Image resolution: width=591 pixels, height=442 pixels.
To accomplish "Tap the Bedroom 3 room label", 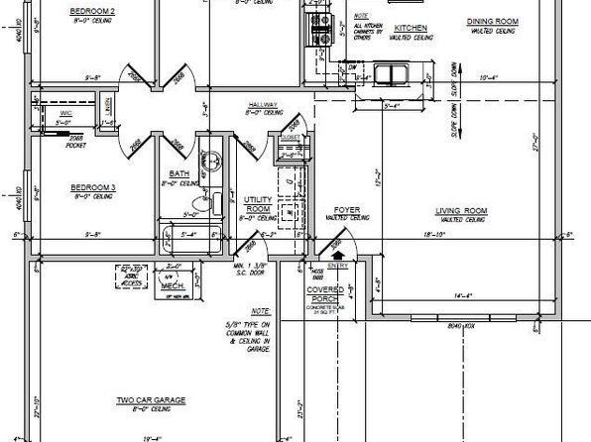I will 92,186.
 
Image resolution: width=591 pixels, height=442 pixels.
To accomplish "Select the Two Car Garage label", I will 154,399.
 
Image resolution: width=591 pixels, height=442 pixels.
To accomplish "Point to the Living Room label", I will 462,210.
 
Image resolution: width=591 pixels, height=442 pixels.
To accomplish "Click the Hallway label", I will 263,105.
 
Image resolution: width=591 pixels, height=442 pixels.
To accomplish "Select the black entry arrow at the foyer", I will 340,255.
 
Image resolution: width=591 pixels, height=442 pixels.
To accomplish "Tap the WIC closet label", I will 66,115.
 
